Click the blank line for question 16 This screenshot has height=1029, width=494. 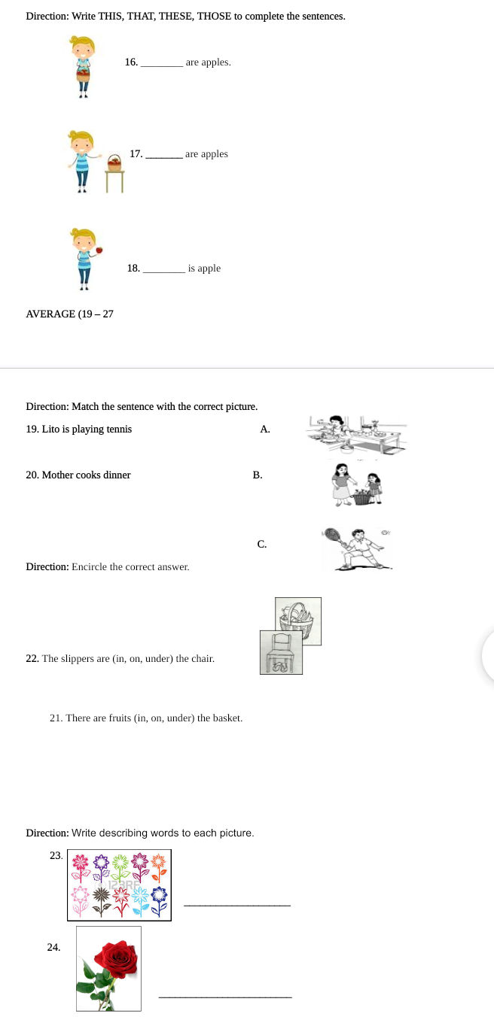coord(161,66)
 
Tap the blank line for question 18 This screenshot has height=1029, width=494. coord(163,272)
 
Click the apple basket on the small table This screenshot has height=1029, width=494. coord(114,162)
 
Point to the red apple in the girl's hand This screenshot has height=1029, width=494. coord(99,250)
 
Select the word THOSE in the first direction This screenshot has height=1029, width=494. coord(215,16)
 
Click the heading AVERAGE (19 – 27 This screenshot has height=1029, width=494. coord(69,314)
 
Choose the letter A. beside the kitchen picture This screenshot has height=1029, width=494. coord(264,430)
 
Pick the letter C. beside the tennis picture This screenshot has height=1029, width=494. coord(261,544)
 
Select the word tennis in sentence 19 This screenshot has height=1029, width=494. coord(118,430)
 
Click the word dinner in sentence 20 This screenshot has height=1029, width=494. coord(117,475)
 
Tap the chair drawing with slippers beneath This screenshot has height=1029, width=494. coord(281,652)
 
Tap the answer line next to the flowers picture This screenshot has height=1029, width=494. coord(236,905)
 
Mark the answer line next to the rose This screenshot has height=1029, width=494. coord(225,997)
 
